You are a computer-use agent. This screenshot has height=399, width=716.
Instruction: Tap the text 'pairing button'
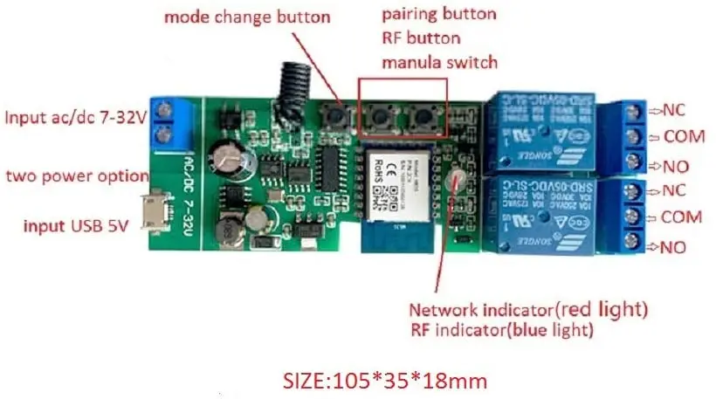click(x=439, y=15)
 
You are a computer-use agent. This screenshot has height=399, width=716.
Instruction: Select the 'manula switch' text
click(x=439, y=62)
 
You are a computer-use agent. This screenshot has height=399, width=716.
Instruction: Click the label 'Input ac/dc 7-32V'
click(x=75, y=116)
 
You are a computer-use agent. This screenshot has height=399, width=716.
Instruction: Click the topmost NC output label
click(x=674, y=112)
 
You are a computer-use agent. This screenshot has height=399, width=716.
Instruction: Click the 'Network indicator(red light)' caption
click(x=528, y=310)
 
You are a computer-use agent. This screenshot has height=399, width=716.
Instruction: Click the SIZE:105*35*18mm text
click(x=384, y=380)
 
